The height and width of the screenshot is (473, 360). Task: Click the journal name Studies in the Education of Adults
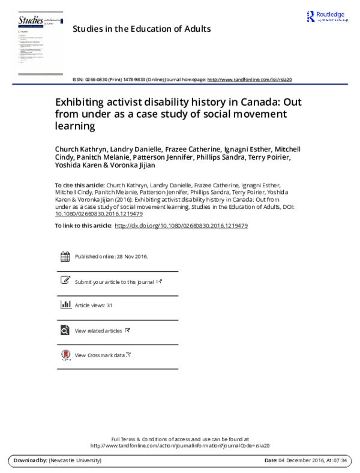click(x=141, y=29)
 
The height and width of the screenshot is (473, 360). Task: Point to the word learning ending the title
click(x=76, y=125)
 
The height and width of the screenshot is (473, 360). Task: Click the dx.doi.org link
click(x=181, y=225)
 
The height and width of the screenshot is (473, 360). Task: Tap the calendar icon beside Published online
click(x=65, y=256)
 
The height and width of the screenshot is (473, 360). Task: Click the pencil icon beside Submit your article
click(x=65, y=280)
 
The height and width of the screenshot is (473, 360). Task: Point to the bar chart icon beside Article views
click(x=65, y=305)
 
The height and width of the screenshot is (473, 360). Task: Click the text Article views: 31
click(x=94, y=306)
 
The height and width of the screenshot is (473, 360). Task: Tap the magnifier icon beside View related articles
click(x=65, y=330)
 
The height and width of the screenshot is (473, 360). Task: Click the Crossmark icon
click(x=65, y=355)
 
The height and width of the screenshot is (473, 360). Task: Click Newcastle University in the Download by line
click(x=76, y=460)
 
